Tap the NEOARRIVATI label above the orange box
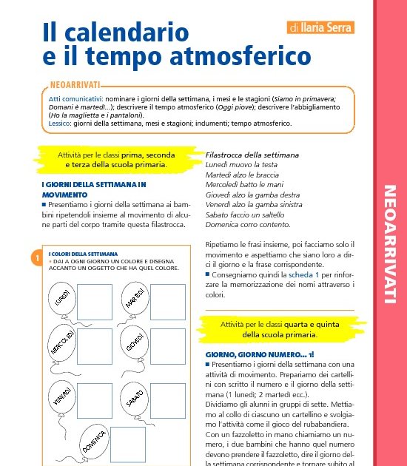coord(75,86)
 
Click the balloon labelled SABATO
coord(134,400)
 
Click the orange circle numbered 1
coord(36,258)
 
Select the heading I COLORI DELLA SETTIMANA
coord(83,254)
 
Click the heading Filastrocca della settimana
coord(252,155)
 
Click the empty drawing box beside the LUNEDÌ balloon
coord(94,301)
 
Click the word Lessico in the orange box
coord(60,124)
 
